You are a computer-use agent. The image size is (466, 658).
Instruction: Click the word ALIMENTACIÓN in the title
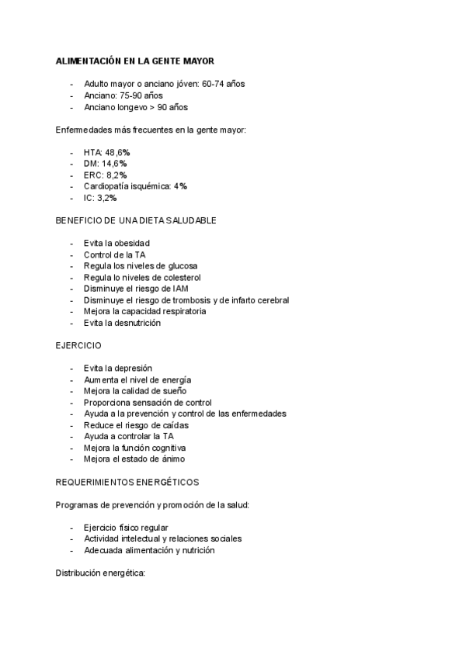(x=88, y=61)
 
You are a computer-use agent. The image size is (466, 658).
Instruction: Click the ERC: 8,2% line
(x=105, y=175)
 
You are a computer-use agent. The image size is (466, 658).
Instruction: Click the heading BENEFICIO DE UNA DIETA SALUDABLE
(x=136, y=220)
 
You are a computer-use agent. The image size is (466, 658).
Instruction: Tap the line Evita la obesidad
(x=116, y=244)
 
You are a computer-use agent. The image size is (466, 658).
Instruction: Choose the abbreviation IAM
(x=181, y=289)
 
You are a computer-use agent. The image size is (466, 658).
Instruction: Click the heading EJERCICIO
(x=78, y=345)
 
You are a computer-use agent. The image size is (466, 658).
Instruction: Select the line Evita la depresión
(x=118, y=369)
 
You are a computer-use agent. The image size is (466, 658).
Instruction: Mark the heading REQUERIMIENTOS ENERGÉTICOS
(x=127, y=482)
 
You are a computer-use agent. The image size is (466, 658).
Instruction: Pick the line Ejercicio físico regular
(x=126, y=528)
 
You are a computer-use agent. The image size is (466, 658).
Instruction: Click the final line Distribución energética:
(x=101, y=573)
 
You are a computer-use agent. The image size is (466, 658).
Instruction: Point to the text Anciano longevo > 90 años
(x=135, y=107)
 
